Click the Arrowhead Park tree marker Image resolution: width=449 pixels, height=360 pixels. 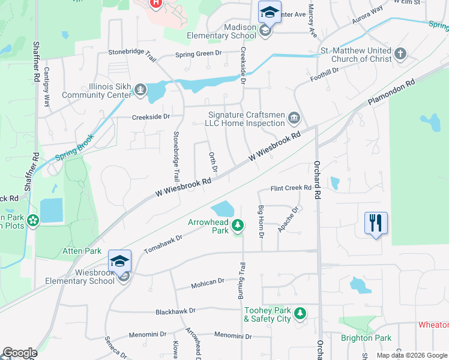(238, 225)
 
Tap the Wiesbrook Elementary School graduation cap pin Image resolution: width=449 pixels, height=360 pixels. (119, 262)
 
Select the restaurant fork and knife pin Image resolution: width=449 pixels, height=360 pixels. (376, 223)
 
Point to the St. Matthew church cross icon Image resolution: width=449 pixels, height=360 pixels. (400, 55)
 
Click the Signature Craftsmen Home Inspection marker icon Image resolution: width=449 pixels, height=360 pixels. (294, 116)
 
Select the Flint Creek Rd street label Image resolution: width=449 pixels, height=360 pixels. (291, 188)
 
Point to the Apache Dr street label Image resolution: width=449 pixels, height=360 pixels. (288, 220)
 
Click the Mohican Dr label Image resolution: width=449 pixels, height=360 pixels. (208, 281)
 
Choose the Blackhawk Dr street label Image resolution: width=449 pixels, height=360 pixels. (176, 311)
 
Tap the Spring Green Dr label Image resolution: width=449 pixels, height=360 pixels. (198, 55)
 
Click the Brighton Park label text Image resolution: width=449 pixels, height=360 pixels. (366, 338)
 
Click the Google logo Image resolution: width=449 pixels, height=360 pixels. (20, 353)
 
